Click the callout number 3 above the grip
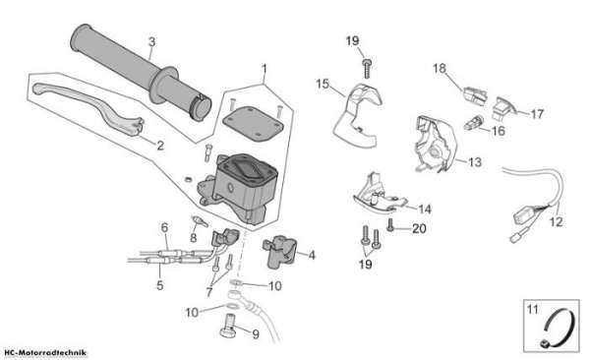tap(151, 41)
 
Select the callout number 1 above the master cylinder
tap(265, 69)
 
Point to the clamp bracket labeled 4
tap(280, 251)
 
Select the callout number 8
tap(194, 238)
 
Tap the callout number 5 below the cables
tap(160, 285)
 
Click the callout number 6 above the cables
tap(164, 227)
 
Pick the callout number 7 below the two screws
tap(209, 292)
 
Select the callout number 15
tap(323, 84)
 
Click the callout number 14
tap(425, 209)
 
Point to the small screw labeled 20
tap(390, 225)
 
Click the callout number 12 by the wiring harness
tap(557, 221)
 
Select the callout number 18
tap(440, 69)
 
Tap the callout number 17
tap(537, 114)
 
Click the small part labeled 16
tap(472, 122)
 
